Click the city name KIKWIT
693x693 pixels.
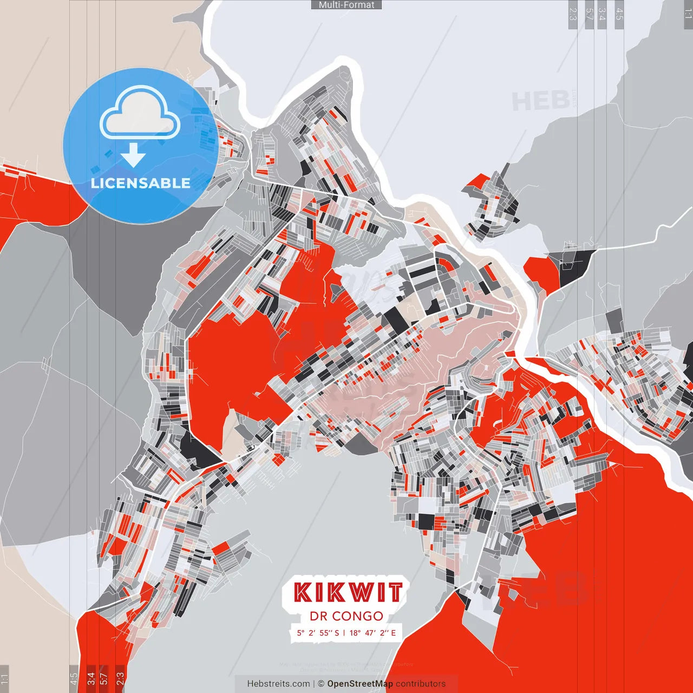tap(348, 592)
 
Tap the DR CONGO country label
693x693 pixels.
tap(346, 616)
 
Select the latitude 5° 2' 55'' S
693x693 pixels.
tap(317, 632)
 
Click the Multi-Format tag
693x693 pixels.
tap(346, 5)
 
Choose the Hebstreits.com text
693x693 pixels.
tap(278, 684)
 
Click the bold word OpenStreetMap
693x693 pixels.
tap(360, 684)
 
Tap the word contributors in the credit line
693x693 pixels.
tap(421, 684)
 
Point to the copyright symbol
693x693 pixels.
tap(321, 684)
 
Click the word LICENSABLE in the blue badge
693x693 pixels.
tap(141, 183)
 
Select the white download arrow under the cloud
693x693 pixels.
tap(133, 156)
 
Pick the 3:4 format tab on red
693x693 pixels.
tap(91, 678)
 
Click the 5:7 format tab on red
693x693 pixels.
tap(104, 678)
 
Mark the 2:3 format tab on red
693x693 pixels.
tap(120, 678)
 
